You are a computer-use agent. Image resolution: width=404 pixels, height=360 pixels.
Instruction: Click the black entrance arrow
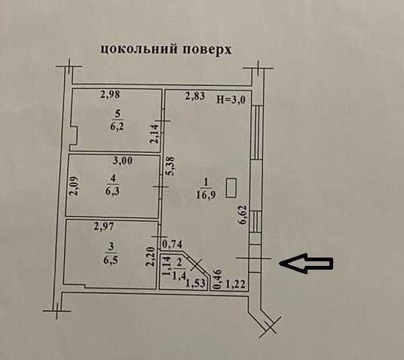click(x=306, y=263)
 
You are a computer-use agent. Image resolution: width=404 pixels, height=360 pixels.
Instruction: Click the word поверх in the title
click(x=207, y=49)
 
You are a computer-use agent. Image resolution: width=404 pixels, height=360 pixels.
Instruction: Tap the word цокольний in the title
click(x=139, y=49)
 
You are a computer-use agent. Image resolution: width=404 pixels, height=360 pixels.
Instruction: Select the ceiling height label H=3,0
click(x=231, y=99)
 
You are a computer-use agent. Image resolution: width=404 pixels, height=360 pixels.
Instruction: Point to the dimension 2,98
click(x=110, y=94)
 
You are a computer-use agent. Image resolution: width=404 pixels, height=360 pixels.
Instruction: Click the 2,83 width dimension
click(x=195, y=96)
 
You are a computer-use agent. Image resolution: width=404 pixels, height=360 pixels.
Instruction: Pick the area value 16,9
click(x=206, y=194)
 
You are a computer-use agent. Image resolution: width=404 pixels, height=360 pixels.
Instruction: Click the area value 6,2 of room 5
click(x=118, y=127)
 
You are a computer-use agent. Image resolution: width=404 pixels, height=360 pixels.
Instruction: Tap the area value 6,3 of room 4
click(x=112, y=191)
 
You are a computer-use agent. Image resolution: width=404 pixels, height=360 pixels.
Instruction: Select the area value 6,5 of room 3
click(x=111, y=260)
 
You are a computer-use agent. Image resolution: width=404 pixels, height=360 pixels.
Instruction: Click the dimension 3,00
click(x=123, y=161)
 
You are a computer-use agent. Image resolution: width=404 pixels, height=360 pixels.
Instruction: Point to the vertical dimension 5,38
click(x=170, y=166)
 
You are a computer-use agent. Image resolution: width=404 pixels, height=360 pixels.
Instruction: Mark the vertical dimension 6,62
click(x=243, y=215)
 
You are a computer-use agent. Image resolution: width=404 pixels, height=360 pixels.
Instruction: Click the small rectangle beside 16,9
click(x=231, y=188)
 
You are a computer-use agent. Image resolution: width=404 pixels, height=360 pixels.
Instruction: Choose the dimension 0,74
click(x=172, y=244)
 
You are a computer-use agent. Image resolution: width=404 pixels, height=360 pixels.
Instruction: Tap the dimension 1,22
click(x=235, y=285)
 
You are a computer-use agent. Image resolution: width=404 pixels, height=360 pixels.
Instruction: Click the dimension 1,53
click(x=195, y=283)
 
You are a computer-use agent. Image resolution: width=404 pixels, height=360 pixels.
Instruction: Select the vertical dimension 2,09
click(x=75, y=186)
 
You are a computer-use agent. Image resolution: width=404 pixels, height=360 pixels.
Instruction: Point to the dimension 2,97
click(x=104, y=227)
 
